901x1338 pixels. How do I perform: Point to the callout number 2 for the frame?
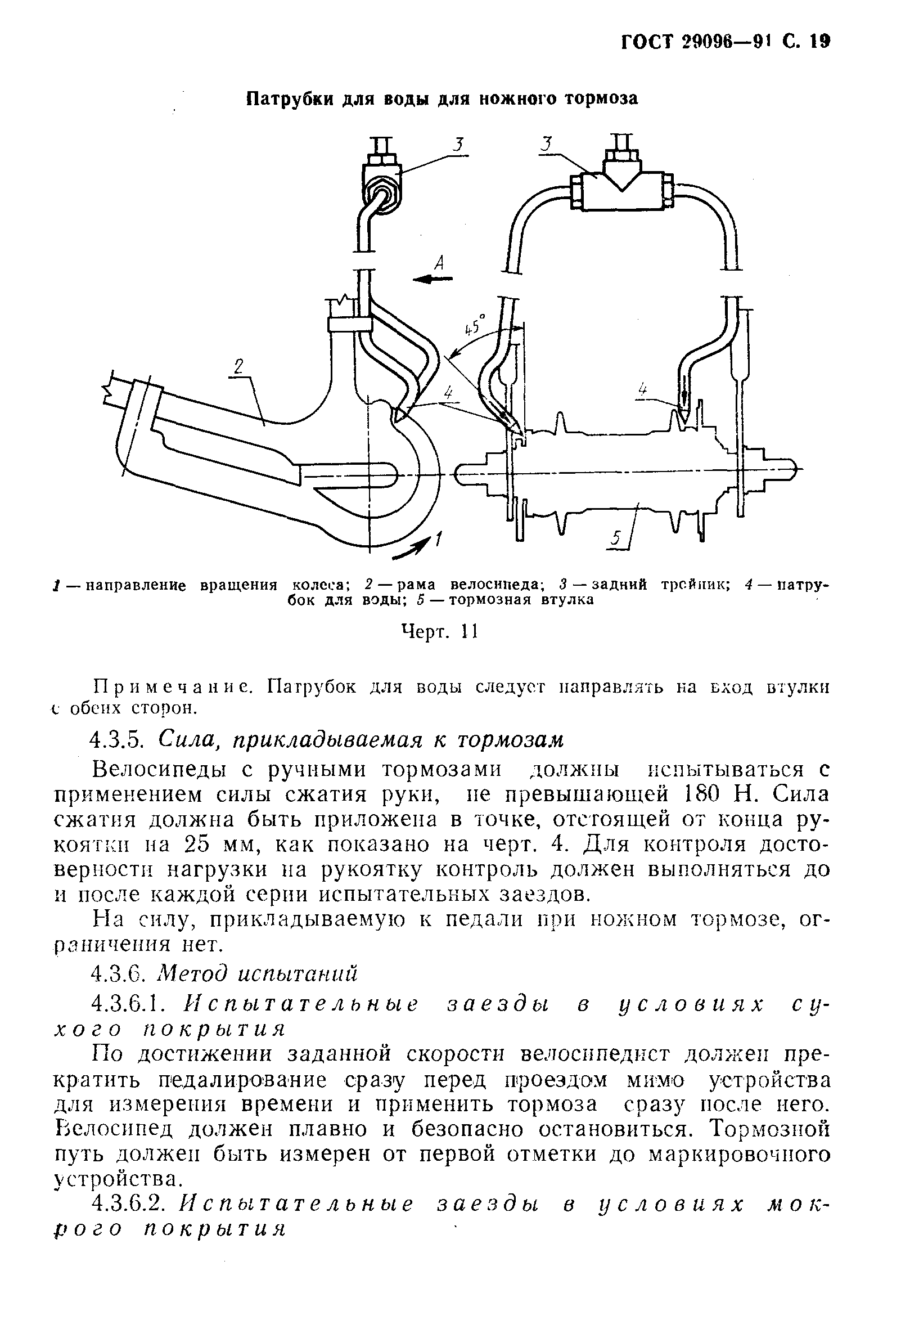click(x=239, y=367)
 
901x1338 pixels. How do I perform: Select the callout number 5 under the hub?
click(x=616, y=538)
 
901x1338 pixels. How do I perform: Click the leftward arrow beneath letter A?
click(x=433, y=279)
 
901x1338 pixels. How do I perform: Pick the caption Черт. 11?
click(x=439, y=632)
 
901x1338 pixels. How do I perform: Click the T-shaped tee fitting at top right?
click(x=620, y=184)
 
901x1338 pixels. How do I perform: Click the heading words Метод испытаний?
click(x=257, y=973)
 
